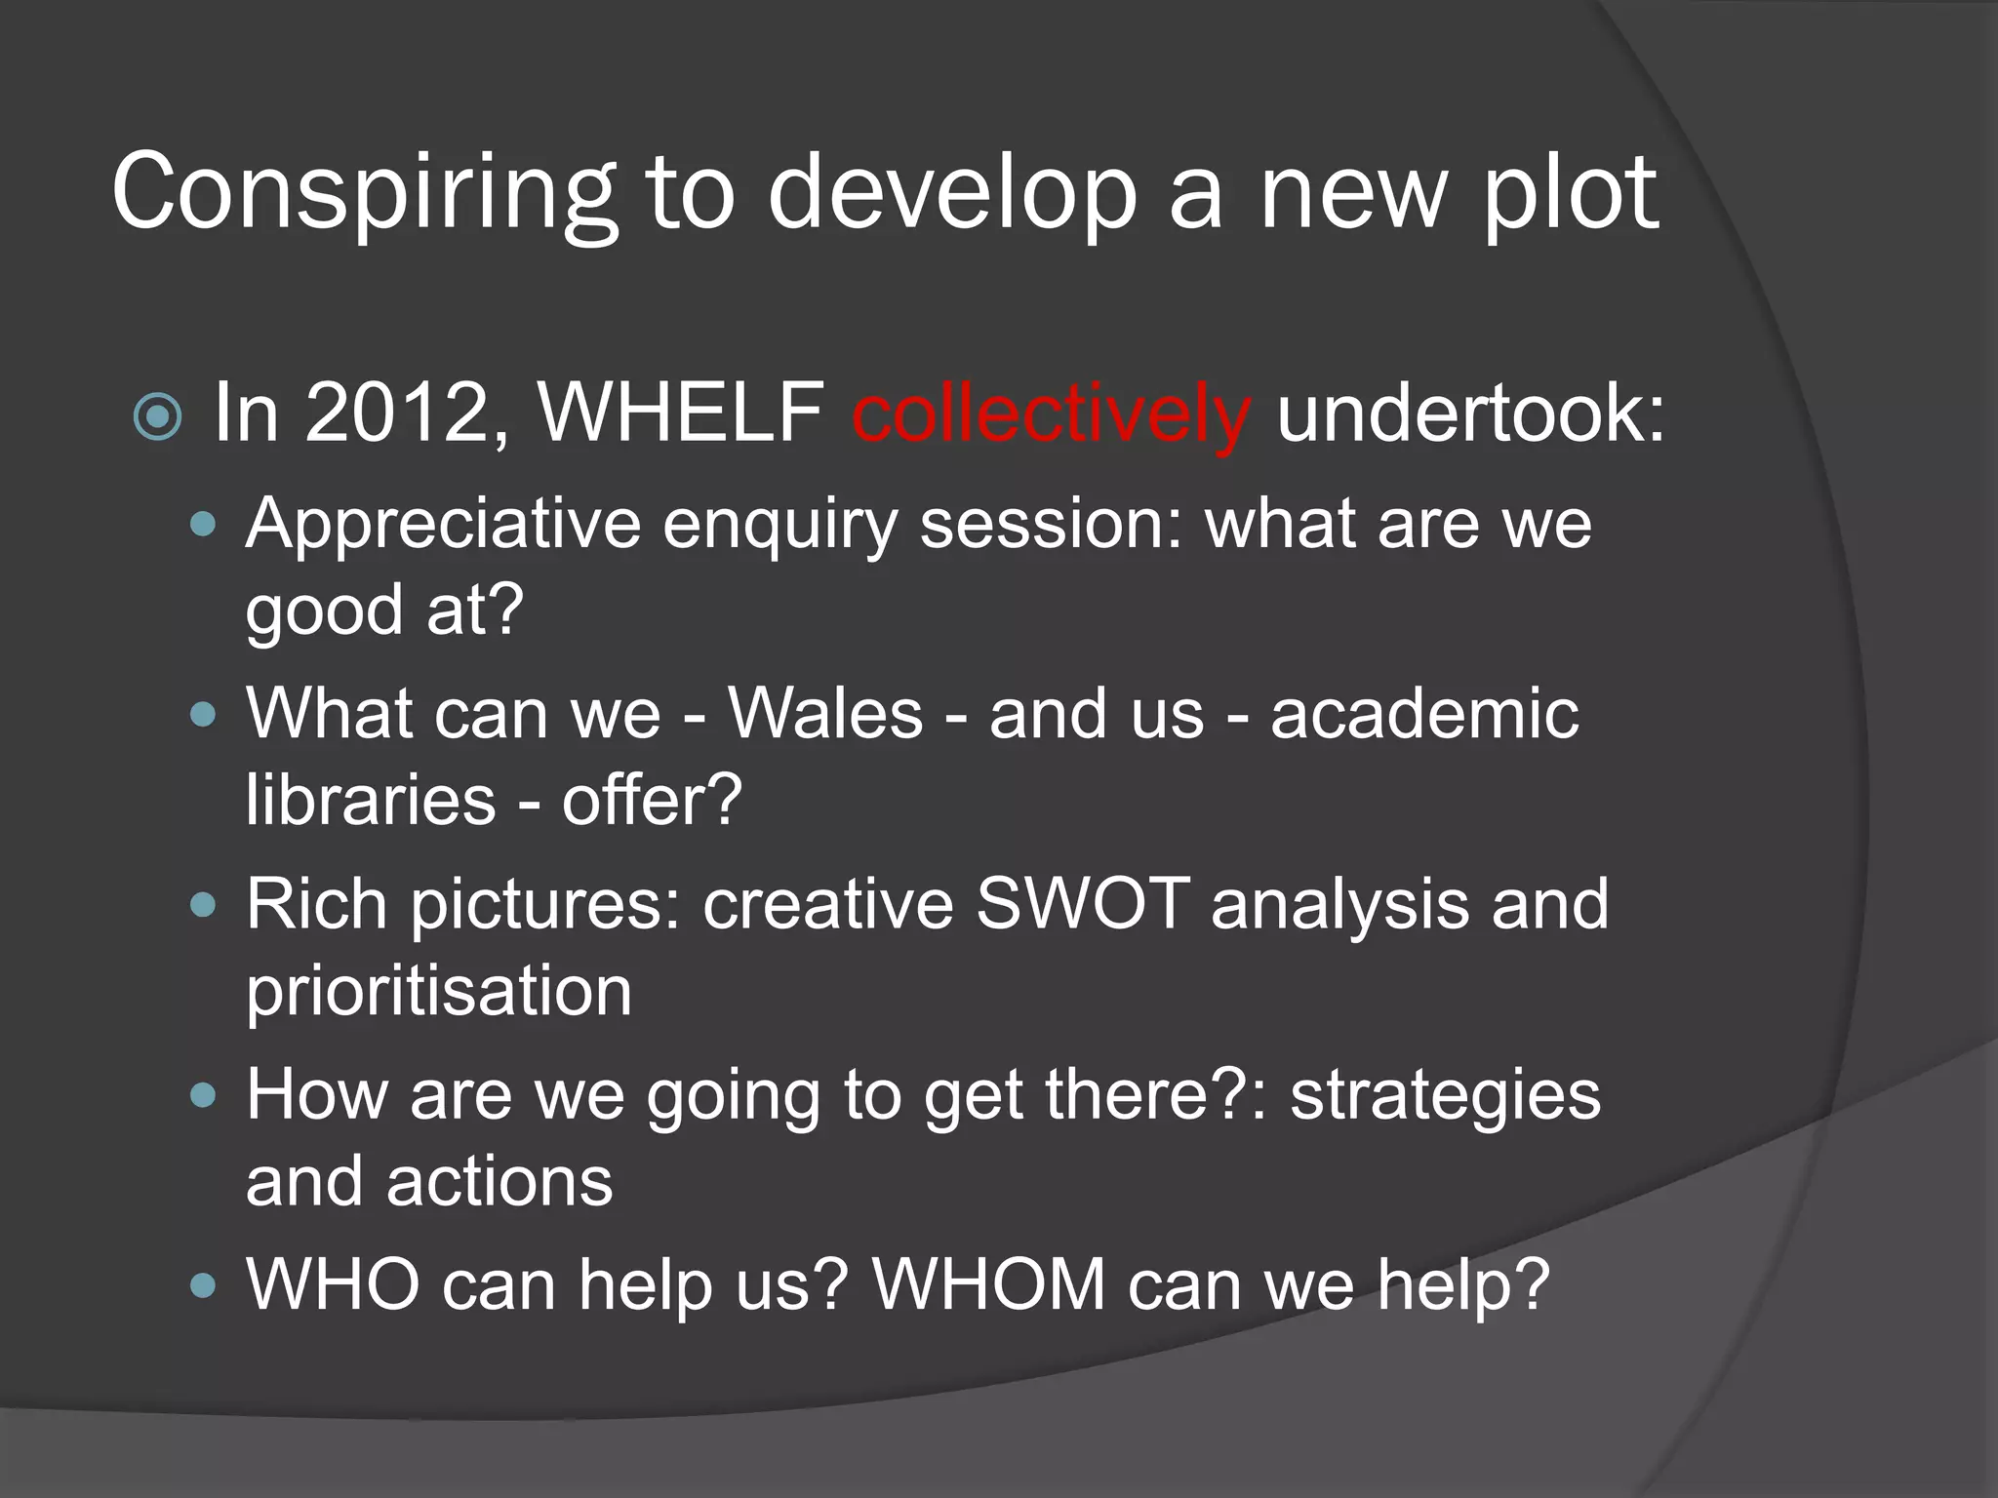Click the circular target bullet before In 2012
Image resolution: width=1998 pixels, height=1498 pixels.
pos(158,417)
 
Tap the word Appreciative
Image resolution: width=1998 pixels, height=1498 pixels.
pos(443,525)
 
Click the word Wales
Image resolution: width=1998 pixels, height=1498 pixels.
pos(825,714)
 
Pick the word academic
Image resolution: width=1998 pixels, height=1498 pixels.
pos(1424,714)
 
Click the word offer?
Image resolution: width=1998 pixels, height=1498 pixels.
pos(652,800)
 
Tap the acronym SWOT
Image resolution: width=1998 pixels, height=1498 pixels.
pos(1082,904)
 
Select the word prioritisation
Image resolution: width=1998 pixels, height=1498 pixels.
pos(439,991)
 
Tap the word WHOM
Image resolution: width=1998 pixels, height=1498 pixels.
pos(988,1285)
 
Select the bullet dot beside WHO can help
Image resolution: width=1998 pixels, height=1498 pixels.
pos(203,1286)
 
